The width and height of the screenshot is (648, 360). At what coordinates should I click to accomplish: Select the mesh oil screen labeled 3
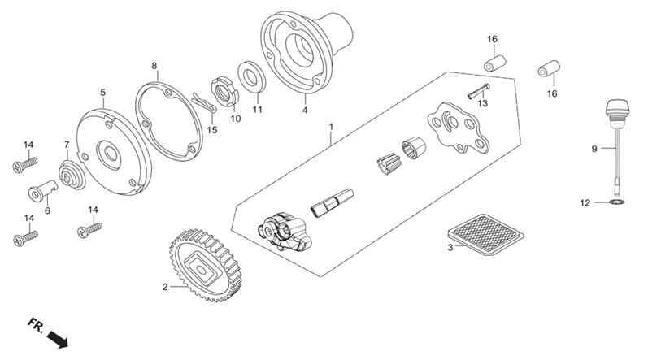click(486, 235)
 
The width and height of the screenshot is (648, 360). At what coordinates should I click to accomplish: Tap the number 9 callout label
click(594, 149)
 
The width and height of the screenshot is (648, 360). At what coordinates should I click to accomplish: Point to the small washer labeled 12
click(617, 202)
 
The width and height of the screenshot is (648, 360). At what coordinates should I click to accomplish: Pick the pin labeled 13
click(479, 91)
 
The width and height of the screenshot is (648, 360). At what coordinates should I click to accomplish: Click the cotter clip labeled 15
click(204, 103)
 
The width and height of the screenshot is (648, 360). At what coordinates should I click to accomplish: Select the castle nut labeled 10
click(226, 91)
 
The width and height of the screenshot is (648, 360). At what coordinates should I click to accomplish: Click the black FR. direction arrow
click(58, 338)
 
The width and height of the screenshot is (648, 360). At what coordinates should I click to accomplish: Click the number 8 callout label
click(154, 66)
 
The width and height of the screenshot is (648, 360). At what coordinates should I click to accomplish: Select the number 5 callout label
click(103, 93)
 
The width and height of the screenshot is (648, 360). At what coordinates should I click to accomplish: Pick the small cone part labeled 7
click(72, 176)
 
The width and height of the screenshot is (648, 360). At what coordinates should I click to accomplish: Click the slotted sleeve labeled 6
click(42, 191)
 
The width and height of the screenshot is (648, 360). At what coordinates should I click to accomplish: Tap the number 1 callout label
click(331, 127)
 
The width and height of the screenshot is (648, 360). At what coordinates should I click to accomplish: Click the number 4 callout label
click(305, 111)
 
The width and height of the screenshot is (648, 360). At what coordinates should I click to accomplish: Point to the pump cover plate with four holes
click(458, 128)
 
